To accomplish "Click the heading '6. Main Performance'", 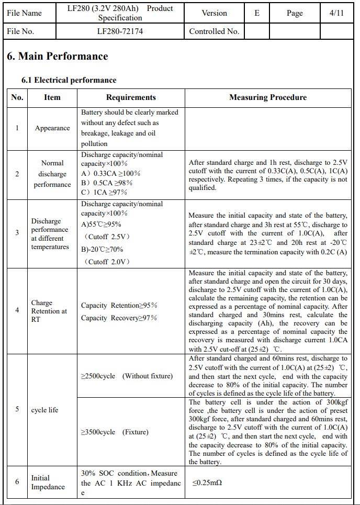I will [58, 57].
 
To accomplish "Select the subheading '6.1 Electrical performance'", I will [69, 80].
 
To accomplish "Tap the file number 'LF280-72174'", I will [120, 31].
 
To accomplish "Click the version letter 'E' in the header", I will [257, 13].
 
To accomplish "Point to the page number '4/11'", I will [336, 13].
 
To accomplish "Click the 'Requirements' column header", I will [131, 97].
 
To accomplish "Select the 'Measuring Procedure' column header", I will [268, 97].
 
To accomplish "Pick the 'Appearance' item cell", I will [52, 128].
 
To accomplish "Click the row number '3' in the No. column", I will [17, 233].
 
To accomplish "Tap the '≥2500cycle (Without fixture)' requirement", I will [127, 376].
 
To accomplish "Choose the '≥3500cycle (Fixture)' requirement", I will [115, 432].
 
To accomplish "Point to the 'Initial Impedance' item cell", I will [48, 482].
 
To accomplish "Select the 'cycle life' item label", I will [45, 410].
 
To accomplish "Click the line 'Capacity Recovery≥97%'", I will [119, 318].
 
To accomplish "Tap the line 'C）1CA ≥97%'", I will [107, 192].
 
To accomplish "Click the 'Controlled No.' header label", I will [214, 31].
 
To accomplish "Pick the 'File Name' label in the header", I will [25, 13].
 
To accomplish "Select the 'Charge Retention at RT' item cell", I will [49, 311].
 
